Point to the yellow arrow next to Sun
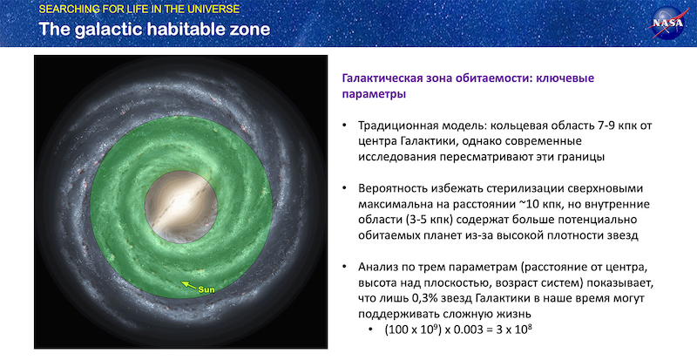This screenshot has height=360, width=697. (188, 284)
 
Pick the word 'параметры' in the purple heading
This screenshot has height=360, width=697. (373, 93)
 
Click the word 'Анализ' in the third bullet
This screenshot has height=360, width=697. (380, 266)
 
